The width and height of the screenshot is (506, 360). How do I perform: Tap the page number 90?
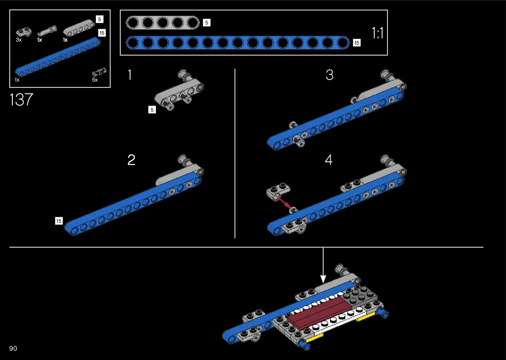tap(13, 348)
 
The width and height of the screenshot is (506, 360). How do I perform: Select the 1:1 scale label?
tap(377, 33)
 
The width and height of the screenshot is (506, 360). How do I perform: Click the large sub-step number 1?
tap(130, 75)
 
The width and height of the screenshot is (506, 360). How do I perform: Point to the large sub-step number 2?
tap(131, 160)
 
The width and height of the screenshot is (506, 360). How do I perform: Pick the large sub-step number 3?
tap(330, 75)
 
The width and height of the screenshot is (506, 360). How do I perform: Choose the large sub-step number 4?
tap(329, 160)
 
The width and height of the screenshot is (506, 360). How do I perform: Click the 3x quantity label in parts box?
tap(19, 40)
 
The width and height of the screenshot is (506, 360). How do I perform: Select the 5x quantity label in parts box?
tap(95, 80)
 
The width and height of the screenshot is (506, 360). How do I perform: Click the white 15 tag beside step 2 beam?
tap(59, 221)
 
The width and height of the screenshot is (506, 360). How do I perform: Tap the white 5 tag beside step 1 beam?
tap(152, 110)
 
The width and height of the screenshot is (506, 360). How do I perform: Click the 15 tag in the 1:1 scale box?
tap(357, 43)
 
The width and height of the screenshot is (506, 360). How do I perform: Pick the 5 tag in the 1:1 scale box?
tap(207, 23)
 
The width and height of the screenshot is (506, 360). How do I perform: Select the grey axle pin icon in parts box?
tap(47, 31)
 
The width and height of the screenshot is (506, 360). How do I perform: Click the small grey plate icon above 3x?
tap(24, 32)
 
